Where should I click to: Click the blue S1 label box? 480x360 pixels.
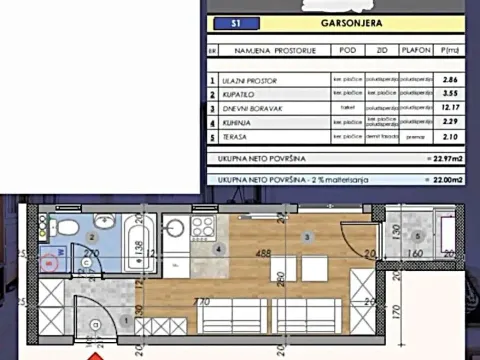(235, 21)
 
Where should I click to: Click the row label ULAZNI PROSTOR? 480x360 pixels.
(248, 79)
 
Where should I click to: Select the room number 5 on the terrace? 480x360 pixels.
(419, 233)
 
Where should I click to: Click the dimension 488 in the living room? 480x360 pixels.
(264, 253)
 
